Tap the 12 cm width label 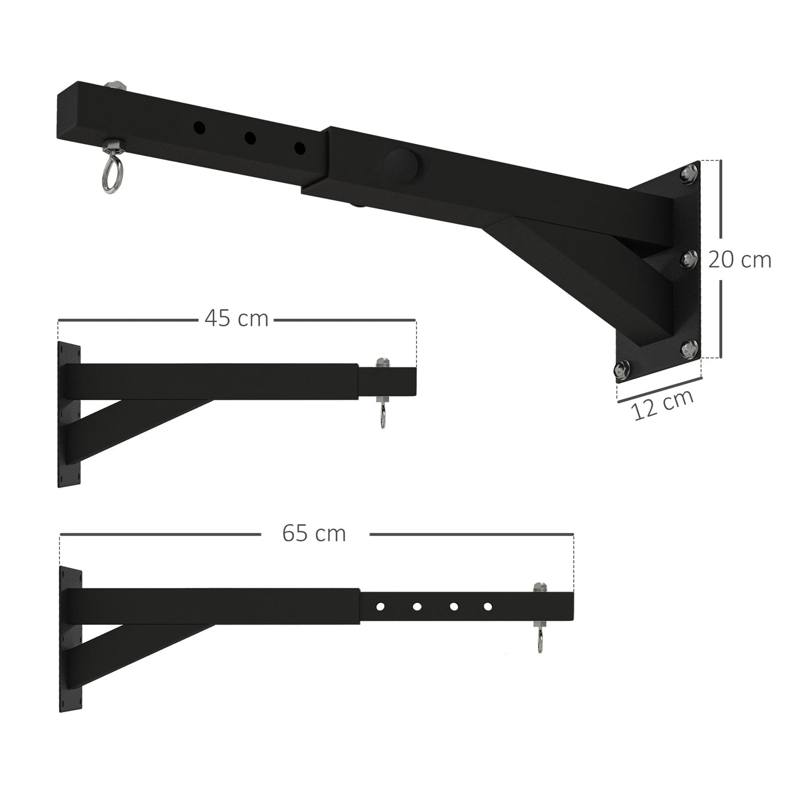663,405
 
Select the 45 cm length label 236,319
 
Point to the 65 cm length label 314,533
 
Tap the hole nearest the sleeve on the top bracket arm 300,148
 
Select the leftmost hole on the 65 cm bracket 380,606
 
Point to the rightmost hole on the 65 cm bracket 488,606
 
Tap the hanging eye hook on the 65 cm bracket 540,642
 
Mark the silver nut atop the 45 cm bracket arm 381,363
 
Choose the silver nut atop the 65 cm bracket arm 538,587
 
